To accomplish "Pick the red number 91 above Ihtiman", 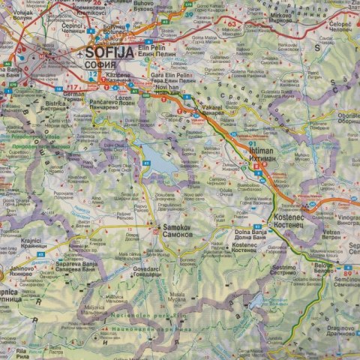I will [x=253, y=143].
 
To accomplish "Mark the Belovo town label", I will [x=323, y=265].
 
